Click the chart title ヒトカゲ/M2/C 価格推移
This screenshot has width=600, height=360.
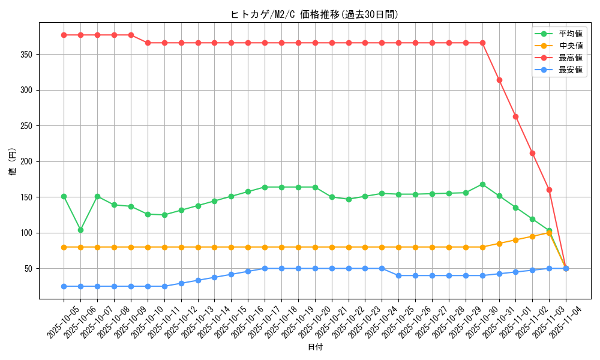314,14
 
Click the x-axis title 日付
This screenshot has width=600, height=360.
315,347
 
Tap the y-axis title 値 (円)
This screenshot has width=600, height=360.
13,162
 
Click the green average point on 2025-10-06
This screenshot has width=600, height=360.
80,230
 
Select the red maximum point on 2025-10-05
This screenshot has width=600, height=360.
64,35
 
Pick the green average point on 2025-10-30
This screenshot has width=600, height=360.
482,184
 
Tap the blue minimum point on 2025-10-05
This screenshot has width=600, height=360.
64,286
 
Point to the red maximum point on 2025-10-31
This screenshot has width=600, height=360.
499,80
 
